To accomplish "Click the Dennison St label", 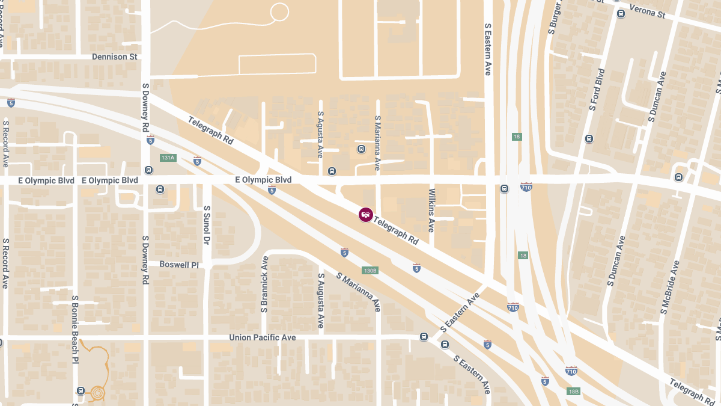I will click(x=114, y=57).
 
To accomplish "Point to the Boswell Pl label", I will click(x=178, y=265).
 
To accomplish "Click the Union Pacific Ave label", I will click(x=263, y=337).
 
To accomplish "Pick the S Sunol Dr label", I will click(x=206, y=226).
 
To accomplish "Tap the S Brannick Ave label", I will click(x=264, y=285).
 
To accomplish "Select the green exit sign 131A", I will click(x=168, y=158).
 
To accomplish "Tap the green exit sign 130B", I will click(x=370, y=271).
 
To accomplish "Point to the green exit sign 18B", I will click(x=573, y=392).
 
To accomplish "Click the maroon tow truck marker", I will click(x=365, y=214).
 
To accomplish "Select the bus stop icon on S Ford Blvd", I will click(x=589, y=139).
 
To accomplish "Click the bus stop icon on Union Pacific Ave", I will click(x=424, y=337).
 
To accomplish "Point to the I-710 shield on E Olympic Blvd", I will click(x=526, y=187).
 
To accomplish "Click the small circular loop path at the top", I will click(x=279, y=11).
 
